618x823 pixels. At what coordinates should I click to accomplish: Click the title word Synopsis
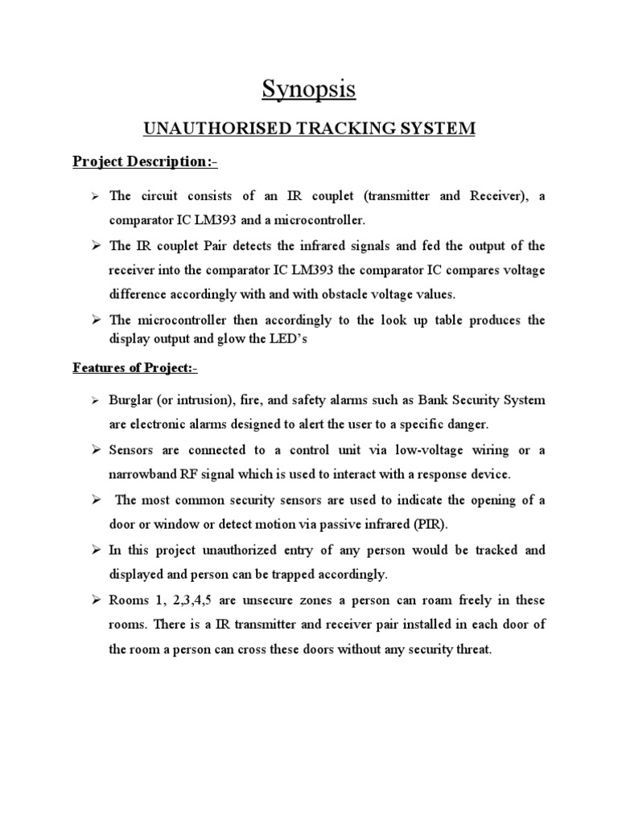point(309,90)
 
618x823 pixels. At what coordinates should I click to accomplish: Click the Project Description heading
point(145,162)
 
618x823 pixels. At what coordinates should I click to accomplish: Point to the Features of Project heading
point(134,368)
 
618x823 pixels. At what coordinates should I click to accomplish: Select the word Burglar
point(131,400)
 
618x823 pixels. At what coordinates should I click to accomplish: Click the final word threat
point(473,649)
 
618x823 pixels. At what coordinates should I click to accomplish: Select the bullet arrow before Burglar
point(94,400)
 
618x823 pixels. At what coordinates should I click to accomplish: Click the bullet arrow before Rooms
point(94,600)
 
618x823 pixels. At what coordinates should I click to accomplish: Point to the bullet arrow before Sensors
point(94,450)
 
